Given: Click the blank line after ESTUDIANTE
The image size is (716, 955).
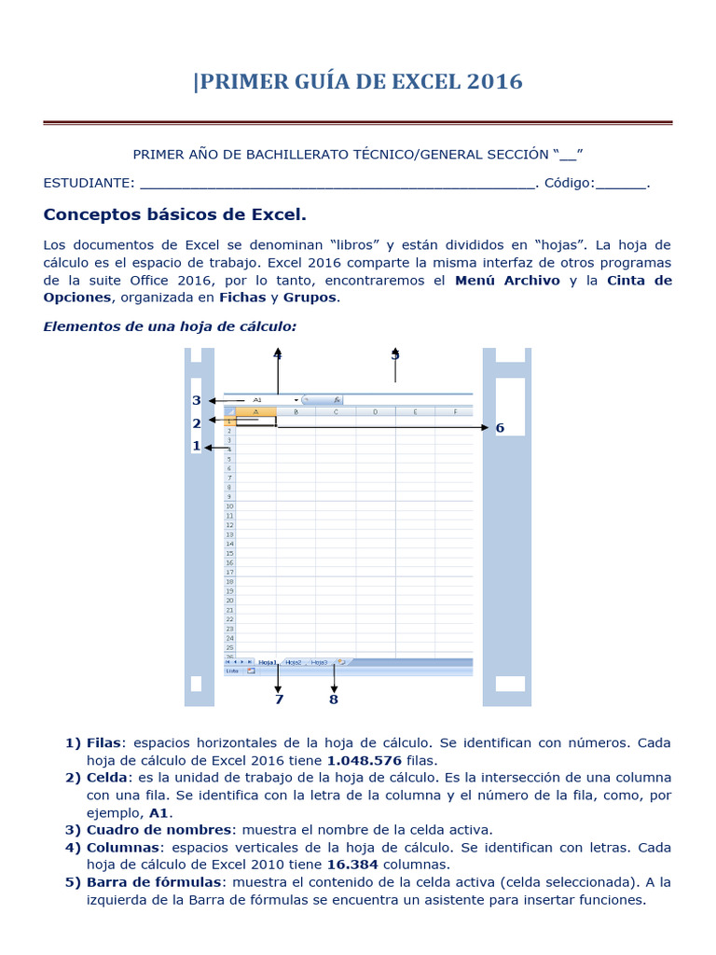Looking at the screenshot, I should pos(337,184).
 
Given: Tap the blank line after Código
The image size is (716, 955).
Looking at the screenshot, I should pos(621,184).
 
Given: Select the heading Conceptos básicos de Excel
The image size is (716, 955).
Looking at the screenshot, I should pos(174,215).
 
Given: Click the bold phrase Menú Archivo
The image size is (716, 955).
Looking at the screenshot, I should pos(507,280).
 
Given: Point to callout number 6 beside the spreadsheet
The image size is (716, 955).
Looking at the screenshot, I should pos(500,428).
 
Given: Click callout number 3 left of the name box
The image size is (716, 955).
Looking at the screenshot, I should pos(197,401).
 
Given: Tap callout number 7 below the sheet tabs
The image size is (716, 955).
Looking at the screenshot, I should pos(278,699).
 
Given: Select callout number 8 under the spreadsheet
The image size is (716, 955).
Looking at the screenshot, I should pos(334,699).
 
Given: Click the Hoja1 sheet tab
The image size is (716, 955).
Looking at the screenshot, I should pos(268,662).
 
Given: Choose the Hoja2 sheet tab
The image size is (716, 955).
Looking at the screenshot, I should pos(294,662).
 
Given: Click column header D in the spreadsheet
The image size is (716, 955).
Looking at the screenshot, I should pos(375,411).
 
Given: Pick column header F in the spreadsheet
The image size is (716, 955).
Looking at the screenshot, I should pos(454,411).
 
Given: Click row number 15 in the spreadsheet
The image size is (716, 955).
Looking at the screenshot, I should pos(229,553).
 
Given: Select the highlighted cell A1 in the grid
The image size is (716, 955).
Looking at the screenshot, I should pos(255,422).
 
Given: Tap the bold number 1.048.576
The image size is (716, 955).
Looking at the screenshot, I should pos(365,760).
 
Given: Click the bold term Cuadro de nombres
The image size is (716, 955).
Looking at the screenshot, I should pos(158,829).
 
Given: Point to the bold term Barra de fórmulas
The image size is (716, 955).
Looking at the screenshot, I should pos(158,881).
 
